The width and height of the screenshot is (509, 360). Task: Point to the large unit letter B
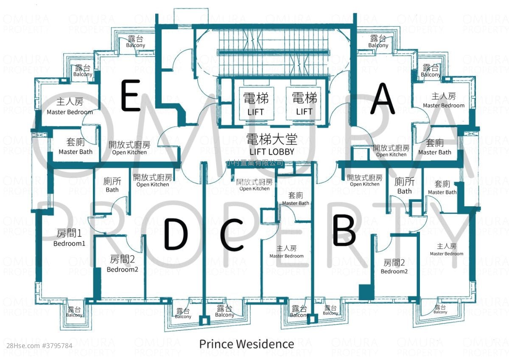coord(344,231)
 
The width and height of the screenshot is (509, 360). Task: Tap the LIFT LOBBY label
coord(272,145)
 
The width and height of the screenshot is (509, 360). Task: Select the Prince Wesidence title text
coord(246,343)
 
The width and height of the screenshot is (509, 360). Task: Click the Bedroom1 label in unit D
coord(69,238)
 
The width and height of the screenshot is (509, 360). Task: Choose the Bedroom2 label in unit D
coord(122,264)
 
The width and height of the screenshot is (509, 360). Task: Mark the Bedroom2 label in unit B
coord(394,267)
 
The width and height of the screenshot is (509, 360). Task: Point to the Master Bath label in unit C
coord(296,199)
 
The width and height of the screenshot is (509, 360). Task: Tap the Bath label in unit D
coord(112,185)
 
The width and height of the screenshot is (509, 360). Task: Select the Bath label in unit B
coord(404,186)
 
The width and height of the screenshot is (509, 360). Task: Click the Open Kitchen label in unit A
coord(391,151)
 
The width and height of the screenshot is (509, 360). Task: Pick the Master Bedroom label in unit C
coord(286,252)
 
